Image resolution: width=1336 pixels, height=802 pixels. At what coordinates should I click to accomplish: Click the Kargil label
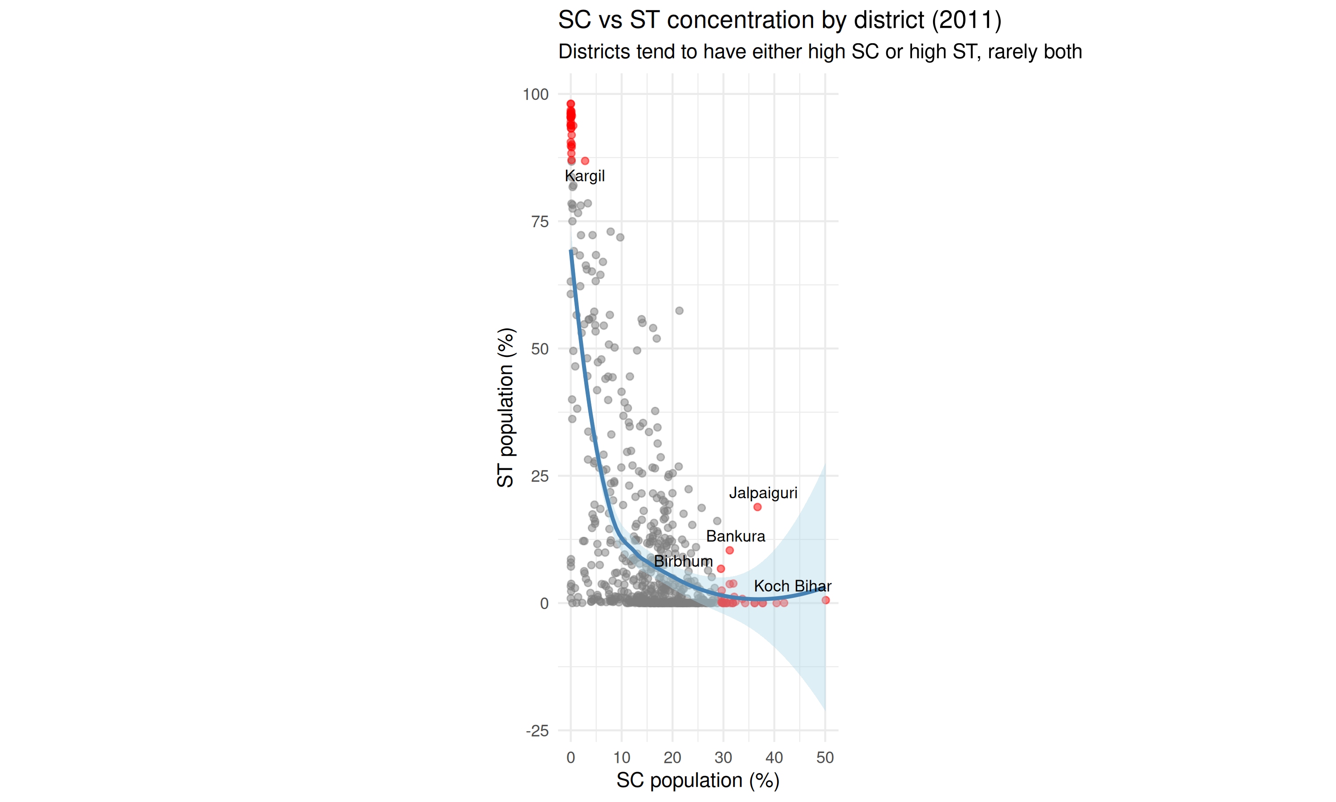pos(584,176)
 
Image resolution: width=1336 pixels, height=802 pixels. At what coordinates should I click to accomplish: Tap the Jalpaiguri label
pos(762,493)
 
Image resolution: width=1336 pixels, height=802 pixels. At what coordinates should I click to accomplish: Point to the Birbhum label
pos(683,561)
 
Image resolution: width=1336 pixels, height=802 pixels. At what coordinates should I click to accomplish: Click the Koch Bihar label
pos(792,586)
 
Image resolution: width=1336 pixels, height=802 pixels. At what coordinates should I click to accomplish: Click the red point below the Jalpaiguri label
pos(757,507)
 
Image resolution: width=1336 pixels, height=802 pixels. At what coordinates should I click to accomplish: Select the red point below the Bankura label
pos(729,550)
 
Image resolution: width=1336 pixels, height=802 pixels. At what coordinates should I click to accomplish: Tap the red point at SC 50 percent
pos(825,600)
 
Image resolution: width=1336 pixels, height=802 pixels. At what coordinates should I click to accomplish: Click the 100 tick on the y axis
pos(535,94)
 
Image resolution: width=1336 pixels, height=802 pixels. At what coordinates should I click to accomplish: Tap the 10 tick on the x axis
pos(622,758)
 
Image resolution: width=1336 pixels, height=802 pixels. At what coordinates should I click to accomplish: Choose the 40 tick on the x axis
pos(774,758)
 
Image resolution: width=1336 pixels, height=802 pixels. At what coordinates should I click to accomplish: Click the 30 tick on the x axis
pos(723,758)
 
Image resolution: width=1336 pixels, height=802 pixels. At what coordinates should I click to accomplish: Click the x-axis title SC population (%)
pos(698,780)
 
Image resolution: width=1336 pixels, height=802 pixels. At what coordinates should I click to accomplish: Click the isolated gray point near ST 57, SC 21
pos(679,311)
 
